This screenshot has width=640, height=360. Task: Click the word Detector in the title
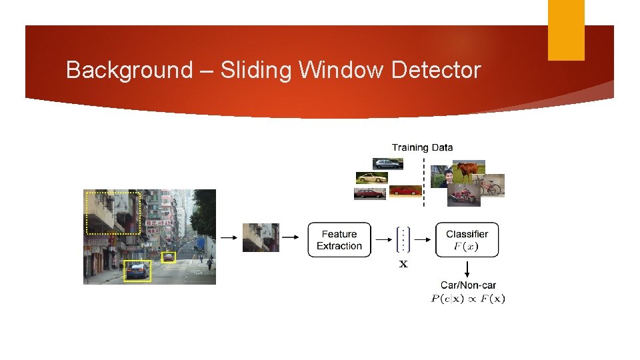pos(436,70)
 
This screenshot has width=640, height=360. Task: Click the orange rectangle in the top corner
pos(566,29)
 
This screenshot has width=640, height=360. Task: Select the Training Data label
pos(422,147)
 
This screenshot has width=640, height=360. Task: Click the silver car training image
pos(388,163)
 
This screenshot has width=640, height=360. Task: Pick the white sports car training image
pos(371,178)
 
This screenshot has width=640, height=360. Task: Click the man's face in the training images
pos(448,177)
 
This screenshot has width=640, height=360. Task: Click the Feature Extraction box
pos(339,240)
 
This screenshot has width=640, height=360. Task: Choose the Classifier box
pos(467,240)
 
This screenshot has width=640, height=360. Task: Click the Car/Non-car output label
pos(468,285)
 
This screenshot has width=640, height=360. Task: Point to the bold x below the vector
pos(403,265)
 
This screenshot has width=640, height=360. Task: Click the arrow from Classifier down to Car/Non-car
pos(467,268)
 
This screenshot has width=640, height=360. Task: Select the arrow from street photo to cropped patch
pos(228,237)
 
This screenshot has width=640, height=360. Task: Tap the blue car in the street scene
pos(137,270)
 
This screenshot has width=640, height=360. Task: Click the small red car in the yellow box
pos(169,256)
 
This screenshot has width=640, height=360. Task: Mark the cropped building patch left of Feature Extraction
pos(260,237)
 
